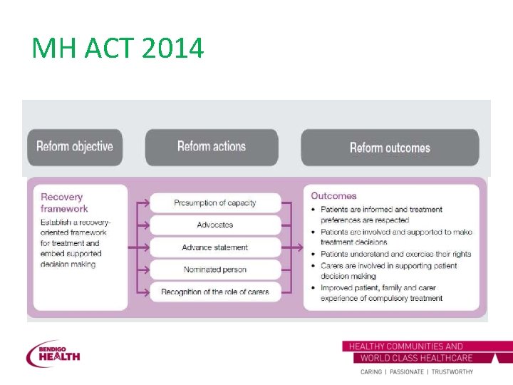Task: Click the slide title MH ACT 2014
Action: [x=118, y=48]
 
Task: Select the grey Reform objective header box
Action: [x=75, y=147]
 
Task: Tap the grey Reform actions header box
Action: [x=212, y=147]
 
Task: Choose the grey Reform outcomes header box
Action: [x=390, y=148]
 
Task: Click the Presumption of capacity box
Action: [x=214, y=203]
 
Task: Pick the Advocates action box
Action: [x=214, y=225]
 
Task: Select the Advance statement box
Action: [x=214, y=247]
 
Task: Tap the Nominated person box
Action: [x=214, y=269]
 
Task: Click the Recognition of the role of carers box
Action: [x=214, y=292]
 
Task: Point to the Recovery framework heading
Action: [x=64, y=202]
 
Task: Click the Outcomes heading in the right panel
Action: [x=333, y=195]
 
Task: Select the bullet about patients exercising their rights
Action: [x=395, y=254]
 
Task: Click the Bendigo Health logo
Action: [x=53, y=354]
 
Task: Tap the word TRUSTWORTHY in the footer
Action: [x=449, y=372]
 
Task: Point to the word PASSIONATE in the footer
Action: [x=403, y=372]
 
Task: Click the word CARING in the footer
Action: [x=371, y=372]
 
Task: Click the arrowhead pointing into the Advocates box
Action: [x=147, y=225]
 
